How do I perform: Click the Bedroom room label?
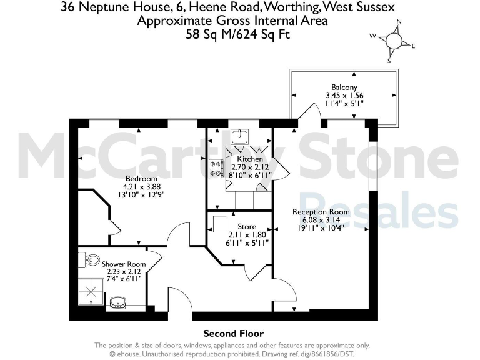click(141, 178)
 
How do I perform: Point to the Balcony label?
click(344, 87)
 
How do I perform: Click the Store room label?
click(247, 226)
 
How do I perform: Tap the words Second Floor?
click(234, 334)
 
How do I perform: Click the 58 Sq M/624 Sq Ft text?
click(238, 35)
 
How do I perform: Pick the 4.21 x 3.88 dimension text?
click(141, 186)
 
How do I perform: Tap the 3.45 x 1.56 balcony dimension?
click(344, 96)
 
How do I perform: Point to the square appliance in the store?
click(220, 223)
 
